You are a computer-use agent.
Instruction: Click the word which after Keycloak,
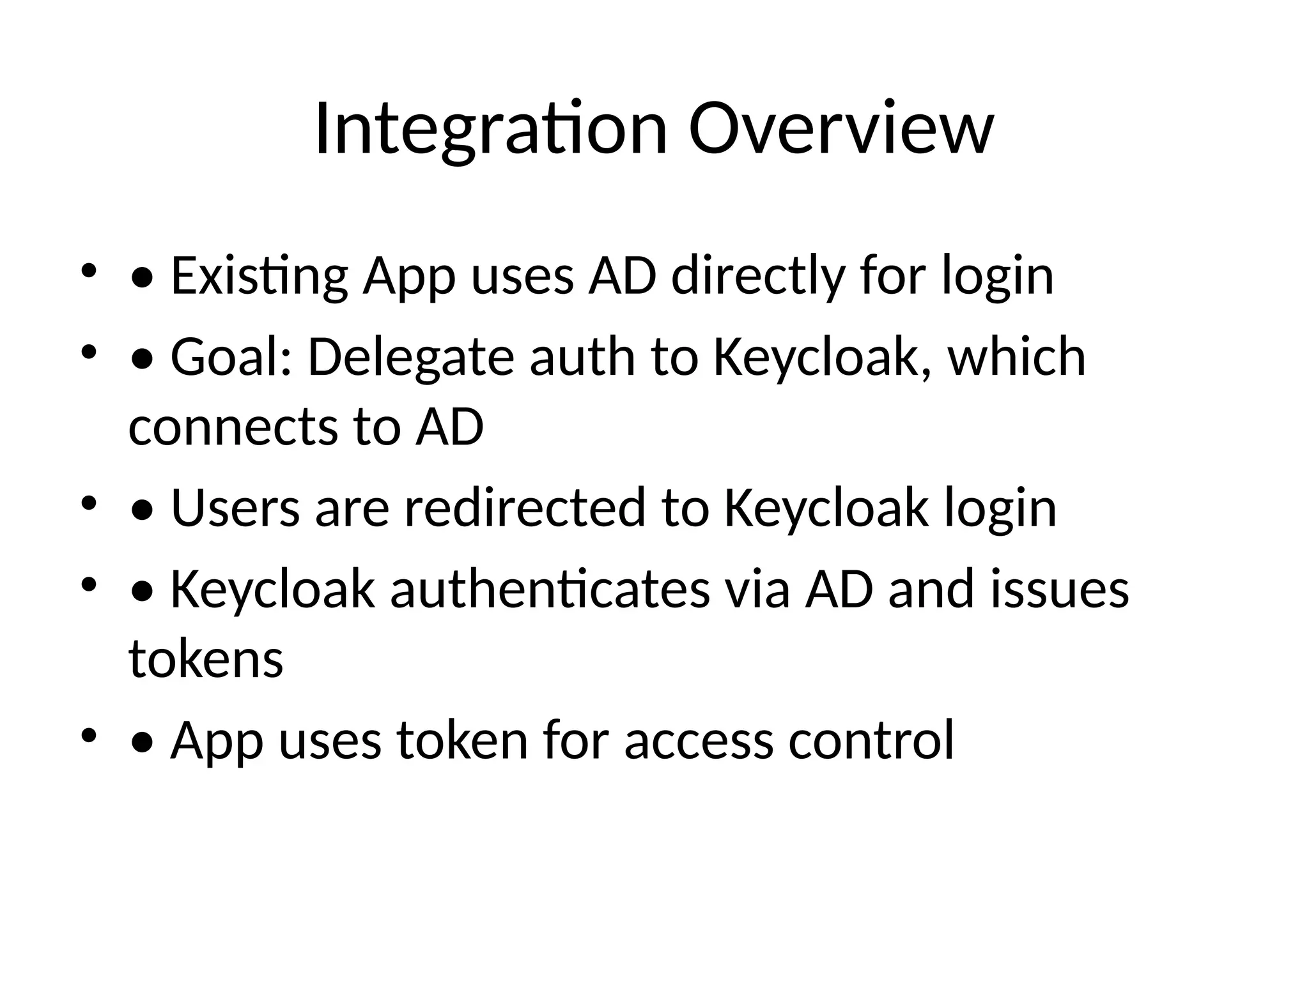1016,357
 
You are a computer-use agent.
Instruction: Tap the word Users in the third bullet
235,508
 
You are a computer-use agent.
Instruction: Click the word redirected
525,508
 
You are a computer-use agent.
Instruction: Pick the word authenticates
550,589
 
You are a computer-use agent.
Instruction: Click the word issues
1060,589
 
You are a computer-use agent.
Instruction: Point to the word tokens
206,659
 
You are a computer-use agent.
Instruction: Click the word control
871,740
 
